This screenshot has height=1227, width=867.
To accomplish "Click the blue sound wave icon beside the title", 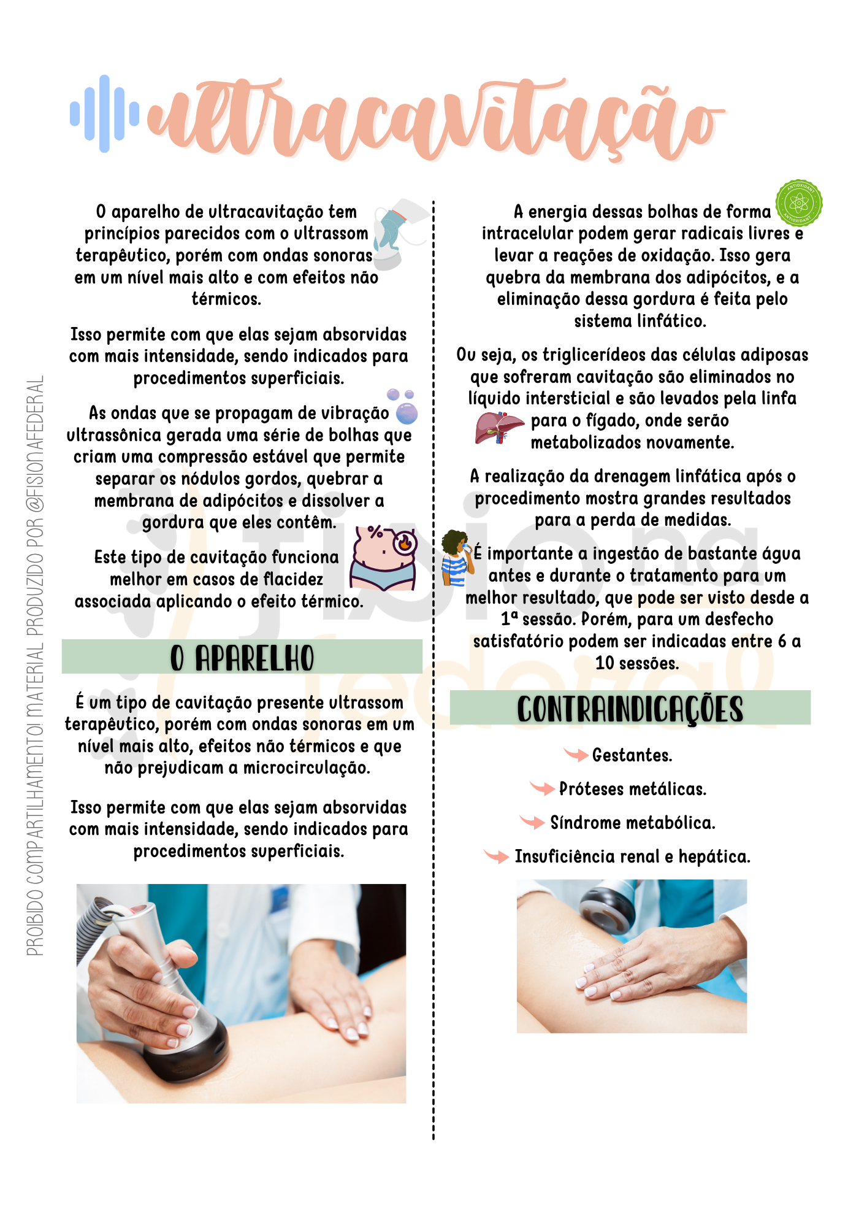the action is (x=104, y=113).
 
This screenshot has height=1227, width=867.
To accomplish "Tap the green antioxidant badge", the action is (x=798, y=203).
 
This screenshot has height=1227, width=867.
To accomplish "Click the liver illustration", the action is (x=499, y=428).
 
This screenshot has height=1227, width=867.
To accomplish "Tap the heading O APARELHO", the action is (x=242, y=658).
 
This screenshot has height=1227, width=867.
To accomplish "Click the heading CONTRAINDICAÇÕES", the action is (x=630, y=709).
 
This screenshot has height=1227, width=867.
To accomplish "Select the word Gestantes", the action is (x=632, y=755).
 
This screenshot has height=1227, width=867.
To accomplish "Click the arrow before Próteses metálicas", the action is (x=543, y=787).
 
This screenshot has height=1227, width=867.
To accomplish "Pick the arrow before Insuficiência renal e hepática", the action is (x=497, y=855).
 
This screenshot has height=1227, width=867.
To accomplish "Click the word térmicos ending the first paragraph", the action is (x=226, y=299).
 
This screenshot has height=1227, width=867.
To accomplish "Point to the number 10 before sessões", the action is (x=605, y=663).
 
